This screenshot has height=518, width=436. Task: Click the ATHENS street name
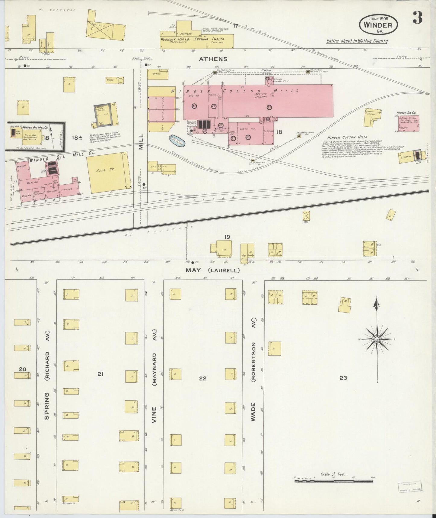pos(213,59)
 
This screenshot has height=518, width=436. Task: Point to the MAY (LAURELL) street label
pos(213,270)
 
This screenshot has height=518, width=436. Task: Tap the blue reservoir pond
pos(177,140)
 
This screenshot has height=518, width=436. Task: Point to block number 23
pos(343,377)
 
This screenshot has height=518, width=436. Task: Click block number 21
pos(100,374)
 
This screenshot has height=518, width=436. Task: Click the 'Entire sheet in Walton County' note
pos(357,41)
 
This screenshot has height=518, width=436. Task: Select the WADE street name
pos(253,412)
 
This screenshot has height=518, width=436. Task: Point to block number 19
pos(227,237)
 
